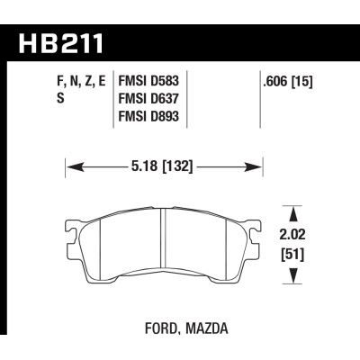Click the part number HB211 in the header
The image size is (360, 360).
click(x=61, y=43)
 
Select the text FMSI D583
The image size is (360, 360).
click(x=148, y=81)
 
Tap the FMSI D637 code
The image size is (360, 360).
click(x=148, y=98)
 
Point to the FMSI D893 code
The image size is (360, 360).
click(x=148, y=116)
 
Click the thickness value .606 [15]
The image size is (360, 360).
click(x=288, y=82)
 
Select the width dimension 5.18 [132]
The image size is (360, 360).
click(x=162, y=166)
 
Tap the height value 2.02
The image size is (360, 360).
click(x=292, y=235)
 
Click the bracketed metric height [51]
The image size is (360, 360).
click(x=292, y=256)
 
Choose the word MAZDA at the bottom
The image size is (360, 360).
click(x=207, y=328)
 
